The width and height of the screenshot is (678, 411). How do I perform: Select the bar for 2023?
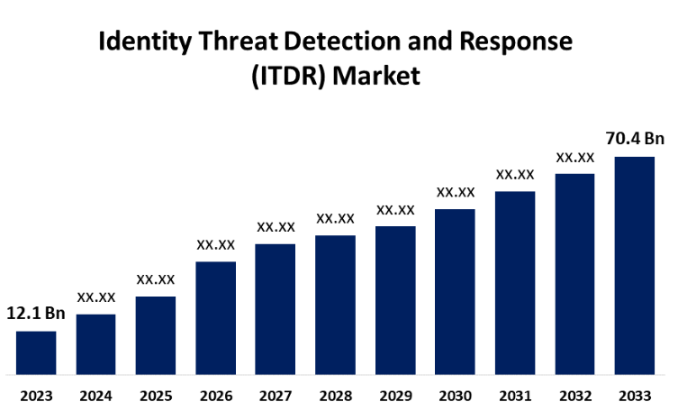click(x=36, y=352)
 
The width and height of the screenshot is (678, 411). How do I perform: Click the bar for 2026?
click(x=215, y=317)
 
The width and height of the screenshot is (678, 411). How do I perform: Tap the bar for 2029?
click(x=395, y=299)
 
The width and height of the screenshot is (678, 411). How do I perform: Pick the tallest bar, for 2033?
click(x=634, y=265)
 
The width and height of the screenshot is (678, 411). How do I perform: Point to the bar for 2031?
click(x=515, y=282)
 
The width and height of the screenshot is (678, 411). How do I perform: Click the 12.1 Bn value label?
click(x=36, y=315)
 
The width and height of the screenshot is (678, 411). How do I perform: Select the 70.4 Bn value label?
click(x=634, y=139)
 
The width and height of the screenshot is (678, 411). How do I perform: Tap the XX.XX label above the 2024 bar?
click(x=95, y=297)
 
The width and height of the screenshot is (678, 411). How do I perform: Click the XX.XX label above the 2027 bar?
click(x=276, y=226)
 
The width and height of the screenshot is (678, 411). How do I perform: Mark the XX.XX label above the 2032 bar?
click(x=574, y=157)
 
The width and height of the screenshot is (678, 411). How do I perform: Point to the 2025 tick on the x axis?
click(x=156, y=396)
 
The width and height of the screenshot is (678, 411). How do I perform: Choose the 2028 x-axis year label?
click(x=335, y=396)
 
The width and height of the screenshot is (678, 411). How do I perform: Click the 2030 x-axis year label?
click(x=455, y=396)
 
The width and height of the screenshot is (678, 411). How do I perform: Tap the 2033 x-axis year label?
click(x=634, y=396)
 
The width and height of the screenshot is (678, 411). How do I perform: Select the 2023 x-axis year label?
click(x=36, y=396)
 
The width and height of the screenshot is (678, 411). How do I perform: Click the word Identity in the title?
click(x=138, y=41)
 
